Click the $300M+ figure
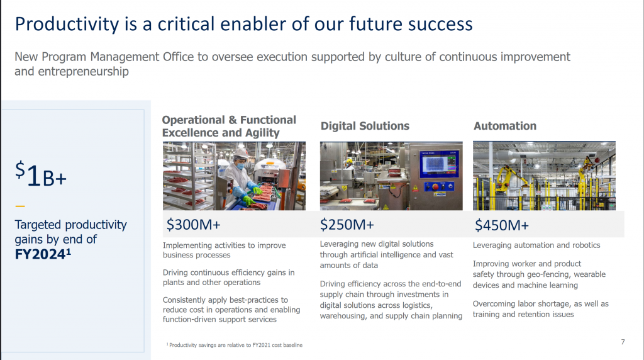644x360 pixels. click(194, 225)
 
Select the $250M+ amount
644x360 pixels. click(347, 225)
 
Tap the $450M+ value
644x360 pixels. click(501, 225)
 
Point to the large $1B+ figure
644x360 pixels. click(41, 174)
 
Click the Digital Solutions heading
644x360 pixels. click(365, 126)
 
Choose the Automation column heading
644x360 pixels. click(505, 126)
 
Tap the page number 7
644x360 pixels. click(623, 342)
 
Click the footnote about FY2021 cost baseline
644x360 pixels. click(235, 345)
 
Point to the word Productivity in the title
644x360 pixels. click(67, 24)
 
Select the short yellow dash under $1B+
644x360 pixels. click(19, 206)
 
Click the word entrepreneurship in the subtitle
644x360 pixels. click(84, 72)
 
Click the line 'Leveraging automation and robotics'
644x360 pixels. click(536, 245)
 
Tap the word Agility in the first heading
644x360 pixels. click(262, 133)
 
